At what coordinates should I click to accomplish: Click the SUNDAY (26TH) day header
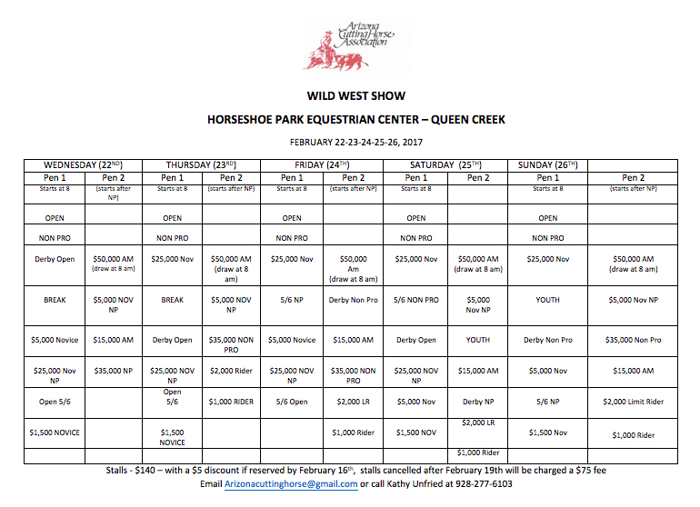pos(547,164)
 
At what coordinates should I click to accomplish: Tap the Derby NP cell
pos(478,402)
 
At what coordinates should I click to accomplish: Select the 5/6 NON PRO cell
pos(416,300)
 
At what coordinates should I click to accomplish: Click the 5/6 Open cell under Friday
pos(292,402)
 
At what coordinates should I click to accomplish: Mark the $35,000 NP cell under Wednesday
pos(114,371)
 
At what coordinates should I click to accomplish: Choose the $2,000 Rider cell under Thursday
pos(231,371)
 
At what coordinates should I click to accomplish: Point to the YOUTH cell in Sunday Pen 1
pos(547,300)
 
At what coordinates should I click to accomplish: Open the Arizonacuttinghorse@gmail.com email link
pos(279,484)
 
